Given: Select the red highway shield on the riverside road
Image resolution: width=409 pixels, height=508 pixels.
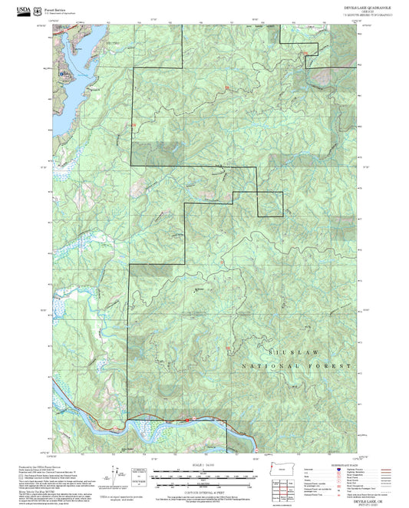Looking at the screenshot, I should click(187, 420).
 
